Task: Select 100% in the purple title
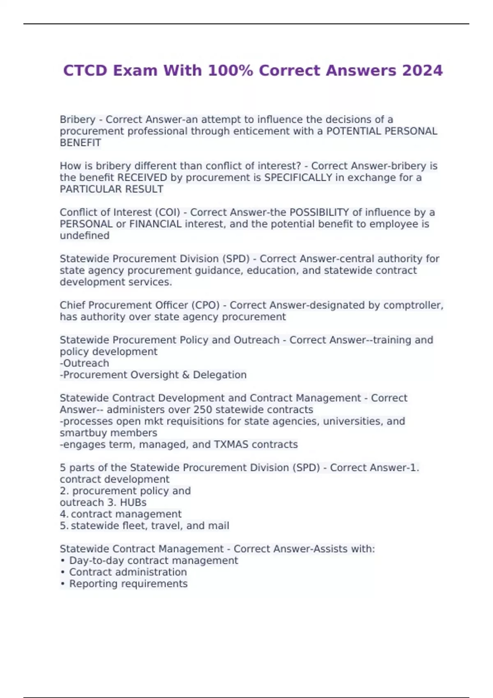pyautogui.click(x=230, y=71)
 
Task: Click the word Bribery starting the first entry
pyautogui.click(x=78, y=119)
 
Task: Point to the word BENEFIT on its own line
pyautogui.click(x=81, y=143)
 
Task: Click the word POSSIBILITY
pyautogui.click(x=319, y=212)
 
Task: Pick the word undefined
pyautogui.click(x=85, y=236)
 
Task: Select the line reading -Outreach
pyautogui.click(x=85, y=363)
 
